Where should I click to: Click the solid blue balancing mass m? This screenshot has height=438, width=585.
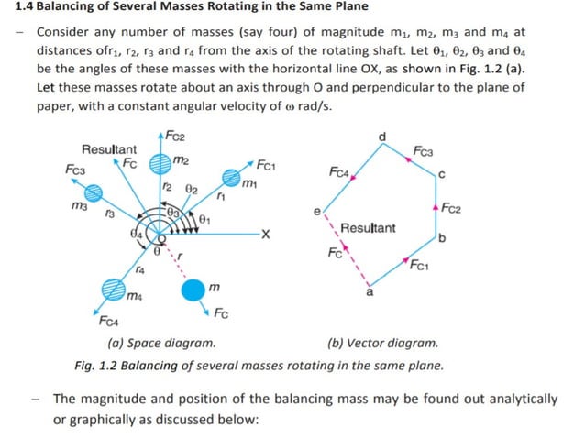(x=193, y=291)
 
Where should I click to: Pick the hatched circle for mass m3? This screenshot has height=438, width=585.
(x=93, y=192)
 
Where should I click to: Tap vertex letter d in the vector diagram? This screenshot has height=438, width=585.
(x=382, y=137)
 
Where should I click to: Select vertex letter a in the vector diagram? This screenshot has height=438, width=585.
(x=370, y=293)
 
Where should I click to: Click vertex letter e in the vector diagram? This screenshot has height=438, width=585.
(x=317, y=212)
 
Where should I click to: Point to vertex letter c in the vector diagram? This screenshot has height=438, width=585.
(x=442, y=174)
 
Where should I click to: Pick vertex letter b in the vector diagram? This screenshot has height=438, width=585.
(x=442, y=239)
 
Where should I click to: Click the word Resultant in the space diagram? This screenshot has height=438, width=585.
(x=109, y=149)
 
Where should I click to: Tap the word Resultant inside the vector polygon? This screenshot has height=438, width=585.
(x=368, y=228)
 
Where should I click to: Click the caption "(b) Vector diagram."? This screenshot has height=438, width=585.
(x=382, y=345)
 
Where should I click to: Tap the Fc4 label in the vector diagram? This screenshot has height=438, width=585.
(x=338, y=172)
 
